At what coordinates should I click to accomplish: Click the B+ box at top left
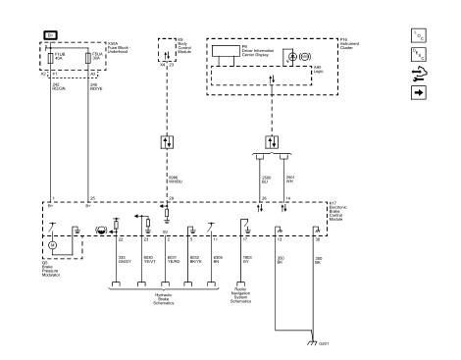49,34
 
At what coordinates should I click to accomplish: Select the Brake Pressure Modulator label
51,265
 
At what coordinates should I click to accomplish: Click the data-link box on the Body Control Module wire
166,140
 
